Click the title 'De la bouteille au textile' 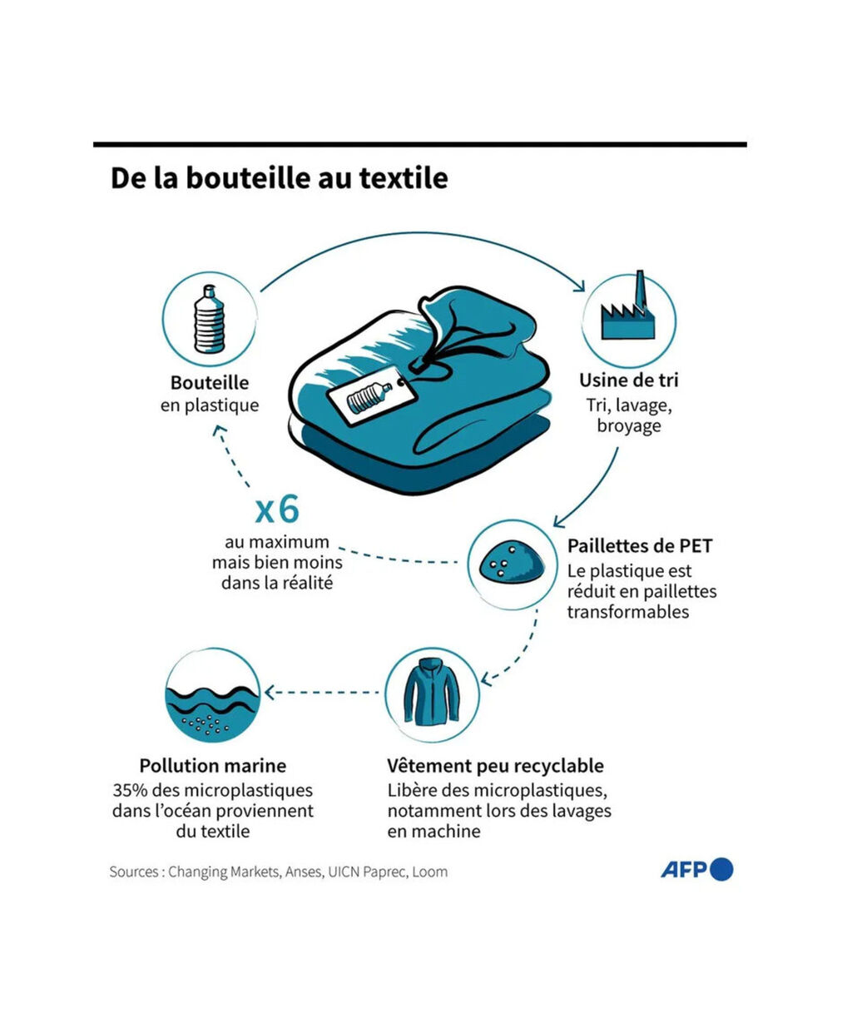tap(280, 178)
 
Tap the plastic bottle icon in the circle tap(210, 320)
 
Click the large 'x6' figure tap(277, 510)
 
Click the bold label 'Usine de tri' tap(629, 380)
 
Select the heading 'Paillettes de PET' tap(640, 546)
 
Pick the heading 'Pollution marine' tap(213, 766)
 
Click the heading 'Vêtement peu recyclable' tap(495, 766)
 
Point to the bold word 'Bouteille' tap(210, 382)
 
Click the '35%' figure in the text tap(130, 790)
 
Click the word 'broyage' tap(629, 426)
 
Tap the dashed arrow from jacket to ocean tap(322, 693)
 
